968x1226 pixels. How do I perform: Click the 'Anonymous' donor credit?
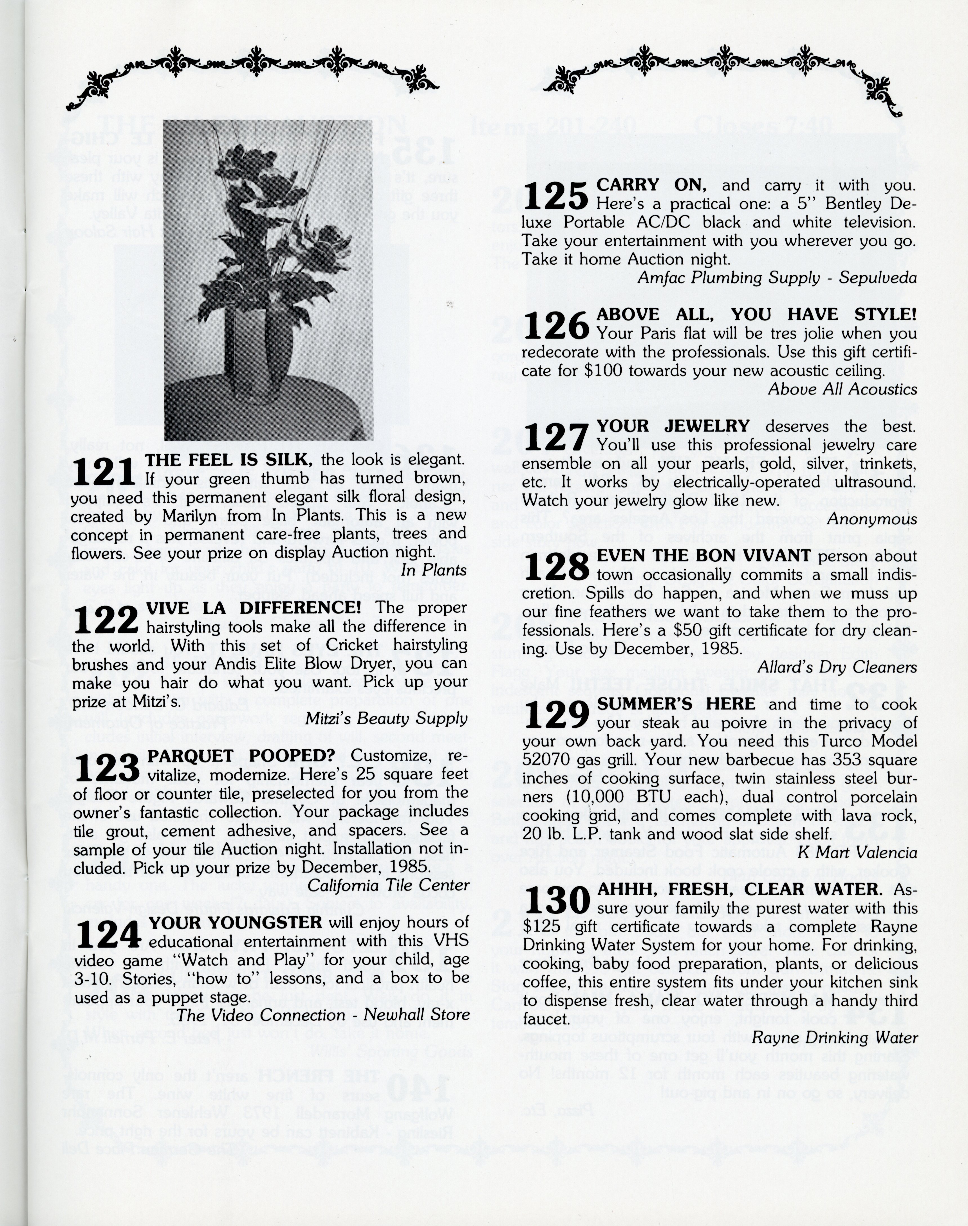(871, 519)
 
